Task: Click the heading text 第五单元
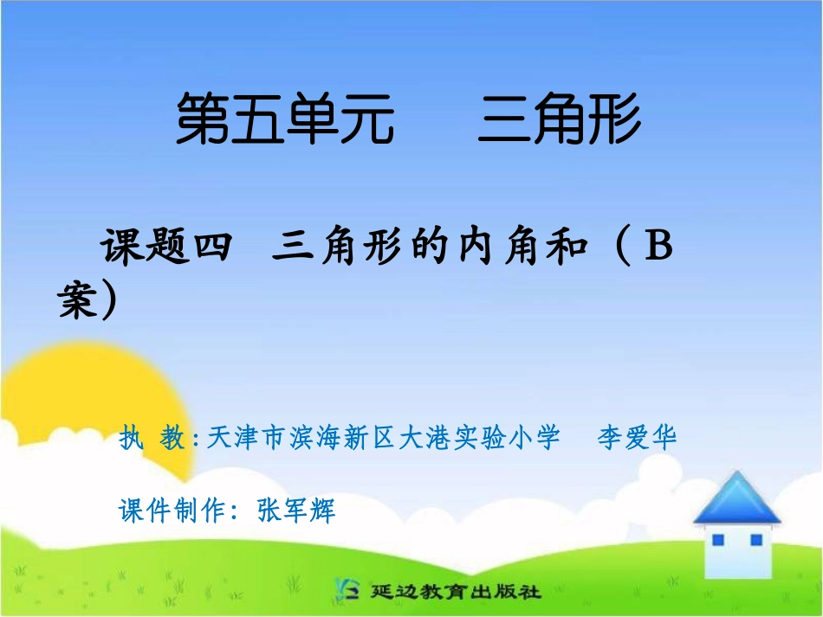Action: click(285, 120)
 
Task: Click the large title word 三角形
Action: click(560, 120)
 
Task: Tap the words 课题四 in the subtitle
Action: click(165, 249)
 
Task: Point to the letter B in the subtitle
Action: click(659, 248)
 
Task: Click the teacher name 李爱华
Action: click(637, 438)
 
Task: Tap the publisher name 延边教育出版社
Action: click(456, 592)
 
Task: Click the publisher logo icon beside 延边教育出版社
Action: click(344, 590)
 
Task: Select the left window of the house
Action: click(717, 540)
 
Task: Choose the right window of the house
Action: click(756, 540)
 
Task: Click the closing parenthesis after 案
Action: click(109, 302)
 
